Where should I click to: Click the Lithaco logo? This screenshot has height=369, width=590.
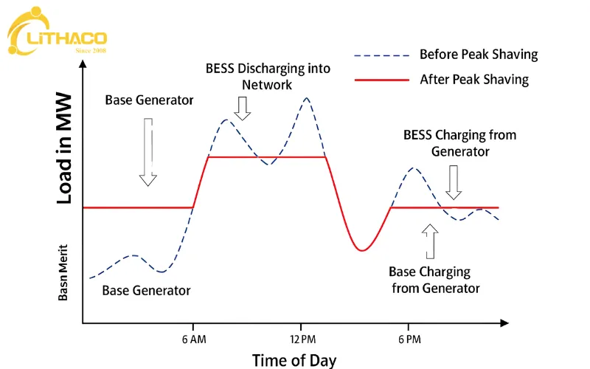coord(58,31)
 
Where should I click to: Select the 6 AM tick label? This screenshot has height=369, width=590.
coord(194,339)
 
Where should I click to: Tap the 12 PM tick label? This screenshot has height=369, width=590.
coord(303,339)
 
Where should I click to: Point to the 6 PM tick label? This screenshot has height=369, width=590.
coord(410,339)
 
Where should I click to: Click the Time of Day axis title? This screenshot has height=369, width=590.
coord(294,360)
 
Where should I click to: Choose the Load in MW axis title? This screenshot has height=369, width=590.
coord(64,148)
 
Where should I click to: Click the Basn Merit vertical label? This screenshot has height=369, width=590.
coord(63,272)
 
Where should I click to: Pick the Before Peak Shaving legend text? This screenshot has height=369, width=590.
coord(479,55)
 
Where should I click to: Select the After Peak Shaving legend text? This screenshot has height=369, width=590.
coord(474,80)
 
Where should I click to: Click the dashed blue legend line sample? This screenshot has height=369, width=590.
coord(381,56)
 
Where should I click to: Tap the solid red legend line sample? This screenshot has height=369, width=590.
coord(381,80)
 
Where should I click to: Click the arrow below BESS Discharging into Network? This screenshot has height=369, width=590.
coord(243,108)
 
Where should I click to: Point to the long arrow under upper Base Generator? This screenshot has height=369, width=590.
coord(148,152)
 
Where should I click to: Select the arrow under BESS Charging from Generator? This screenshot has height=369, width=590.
coord(454,182)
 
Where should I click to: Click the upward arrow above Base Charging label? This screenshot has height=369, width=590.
coord(430,241)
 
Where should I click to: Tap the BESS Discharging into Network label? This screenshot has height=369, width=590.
coord(268,77)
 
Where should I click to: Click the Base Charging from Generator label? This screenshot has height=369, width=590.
coord(434,280)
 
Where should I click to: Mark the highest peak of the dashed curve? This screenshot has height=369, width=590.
coord(307,98)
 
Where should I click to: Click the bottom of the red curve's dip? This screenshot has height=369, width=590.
coord(361,250)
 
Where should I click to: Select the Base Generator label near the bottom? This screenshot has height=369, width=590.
coord(146,291)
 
